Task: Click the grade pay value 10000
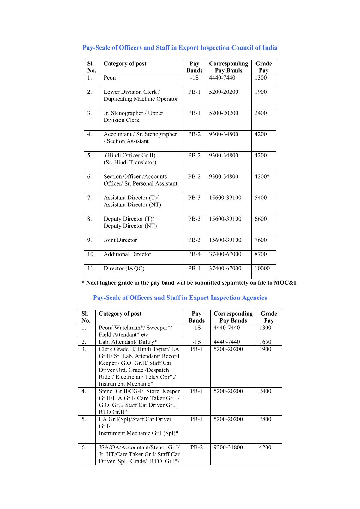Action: pyautogui.click(x=262, y=269)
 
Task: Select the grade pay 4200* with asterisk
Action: pyautogui.click(x=262, y=177)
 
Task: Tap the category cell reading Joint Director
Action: pyautogui.click(x=120, y=240)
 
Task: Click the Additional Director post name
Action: pyautogui.click(x=127, y=254)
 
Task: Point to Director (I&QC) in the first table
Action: pyautogui.click(x=124, y=269)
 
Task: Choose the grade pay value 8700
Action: pyautogui.click(x=261, y=254)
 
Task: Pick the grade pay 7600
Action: pyautogui.click(x=261, y=240)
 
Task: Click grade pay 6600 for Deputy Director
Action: pyautogui.click(x=261, y=219)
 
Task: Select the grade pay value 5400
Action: pyautogui.click(x=261, y=198)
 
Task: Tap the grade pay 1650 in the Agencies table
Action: pyautogui.click(x=265, y=342)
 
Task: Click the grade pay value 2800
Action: pyautogui.click(x=265, y=419)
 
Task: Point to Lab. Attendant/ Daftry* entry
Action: pyautogui.click(x=128, y=342)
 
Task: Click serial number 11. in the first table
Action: pyautogui.click(x=91, y=269)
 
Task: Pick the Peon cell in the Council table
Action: pyautogui.click(x=110, y=78)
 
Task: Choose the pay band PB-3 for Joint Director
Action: pyautogui.click(x=194, y=240)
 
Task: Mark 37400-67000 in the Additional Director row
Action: pyautogui.click(x=225, y=254)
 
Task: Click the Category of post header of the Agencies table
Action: pyautogui.click(x=120, y=314)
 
